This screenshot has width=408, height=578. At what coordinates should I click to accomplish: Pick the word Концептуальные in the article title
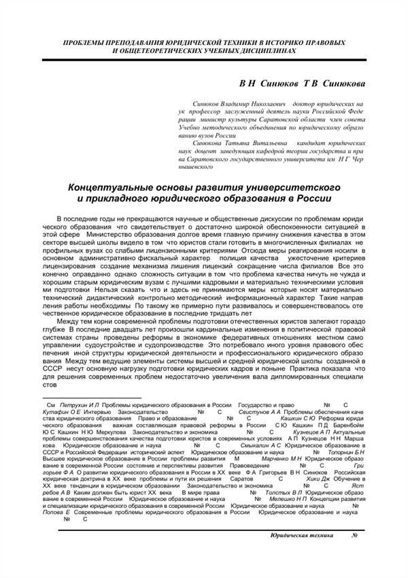click(119, 187)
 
